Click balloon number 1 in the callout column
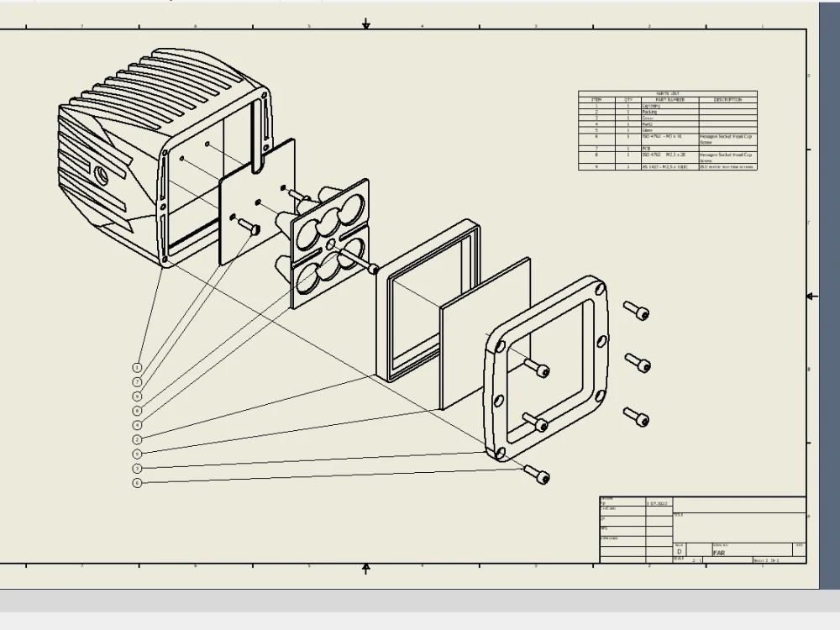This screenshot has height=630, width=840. point(137,367)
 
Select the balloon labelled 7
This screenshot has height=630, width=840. point(137,381)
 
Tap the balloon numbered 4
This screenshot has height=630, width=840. point(137,425)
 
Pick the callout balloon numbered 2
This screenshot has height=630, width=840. point(137,439)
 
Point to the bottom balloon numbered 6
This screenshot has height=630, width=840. point(137,483)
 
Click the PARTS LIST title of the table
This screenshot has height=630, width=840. point(668,94)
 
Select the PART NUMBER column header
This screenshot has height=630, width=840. point(669,100)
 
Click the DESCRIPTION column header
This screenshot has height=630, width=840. point(727,100)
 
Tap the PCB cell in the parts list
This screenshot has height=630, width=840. point(646,149)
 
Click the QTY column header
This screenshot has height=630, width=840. point(627,100)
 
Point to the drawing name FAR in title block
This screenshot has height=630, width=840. point(719,553)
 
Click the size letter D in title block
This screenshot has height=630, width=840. point(680,552)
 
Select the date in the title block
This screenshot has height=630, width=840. point(657,503)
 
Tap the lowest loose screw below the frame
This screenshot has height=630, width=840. point(537,475)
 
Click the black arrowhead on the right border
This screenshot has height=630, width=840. point(811,297)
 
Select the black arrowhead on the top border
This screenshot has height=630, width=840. point(365,24)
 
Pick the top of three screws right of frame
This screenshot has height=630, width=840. point(636,311)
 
